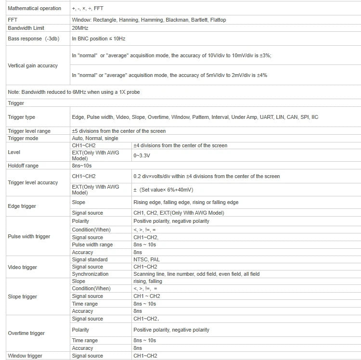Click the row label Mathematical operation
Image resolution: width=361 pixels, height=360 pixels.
(35, 8)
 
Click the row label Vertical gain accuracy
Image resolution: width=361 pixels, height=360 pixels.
(33, 65)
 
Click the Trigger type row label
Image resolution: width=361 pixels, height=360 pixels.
(22, 117)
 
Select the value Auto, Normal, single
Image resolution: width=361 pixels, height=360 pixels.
(95, 138)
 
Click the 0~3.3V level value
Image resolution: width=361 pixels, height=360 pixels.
(142, 155)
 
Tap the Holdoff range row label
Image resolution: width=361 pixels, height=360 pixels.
(23, 166)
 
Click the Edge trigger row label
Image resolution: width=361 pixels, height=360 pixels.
(22, 206)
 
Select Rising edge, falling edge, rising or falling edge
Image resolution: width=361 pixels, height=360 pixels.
(186, 202)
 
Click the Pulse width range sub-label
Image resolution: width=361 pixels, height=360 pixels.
(92, 244)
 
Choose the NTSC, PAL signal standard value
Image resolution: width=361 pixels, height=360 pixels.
(146, 259)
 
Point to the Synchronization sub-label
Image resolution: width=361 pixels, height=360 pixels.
(90, 274)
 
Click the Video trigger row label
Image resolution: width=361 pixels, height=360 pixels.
(23, 267)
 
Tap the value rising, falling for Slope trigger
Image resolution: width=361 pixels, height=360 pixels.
(148, 281)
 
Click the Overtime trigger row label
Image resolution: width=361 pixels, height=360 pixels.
(26, 333)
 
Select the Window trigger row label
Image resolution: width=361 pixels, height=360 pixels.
(25, 356)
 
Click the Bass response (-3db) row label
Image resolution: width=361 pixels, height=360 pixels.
(31, 38)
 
